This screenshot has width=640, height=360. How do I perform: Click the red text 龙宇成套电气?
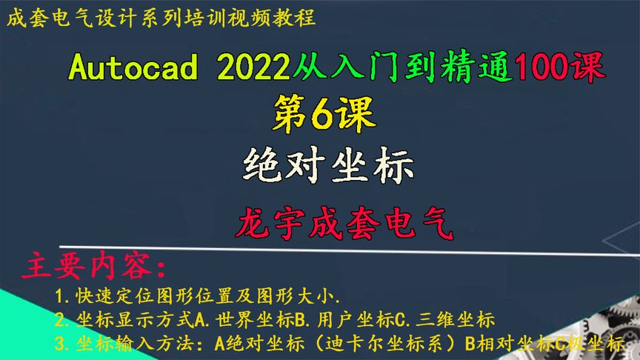[x=342, y=221]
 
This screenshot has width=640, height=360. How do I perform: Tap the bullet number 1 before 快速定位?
[x=59, y=298]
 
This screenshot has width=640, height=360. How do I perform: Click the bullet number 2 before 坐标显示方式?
[x=59, y=321]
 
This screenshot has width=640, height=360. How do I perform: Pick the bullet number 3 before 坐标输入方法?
[x=59, y=344]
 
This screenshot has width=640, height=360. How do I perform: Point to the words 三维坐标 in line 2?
[x=460, y=321]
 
